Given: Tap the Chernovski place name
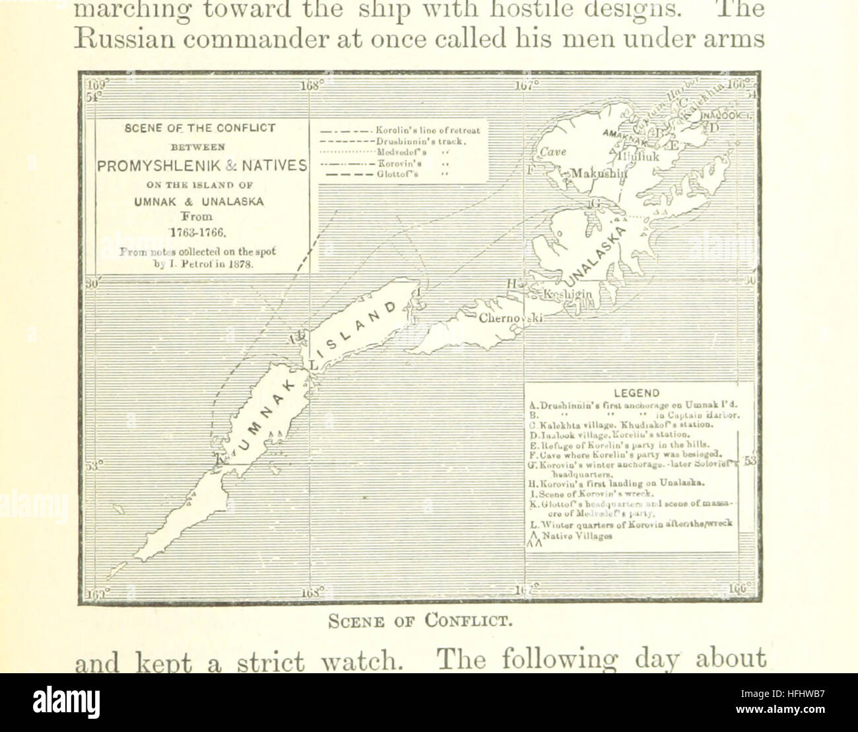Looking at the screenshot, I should point(511,318).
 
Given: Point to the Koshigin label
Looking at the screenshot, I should point(567,293).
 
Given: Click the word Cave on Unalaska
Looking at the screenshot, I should point(553,152).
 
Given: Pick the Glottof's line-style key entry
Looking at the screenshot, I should point(397,174).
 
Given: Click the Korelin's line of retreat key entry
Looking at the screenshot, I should point(428,130).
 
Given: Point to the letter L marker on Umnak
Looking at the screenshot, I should point(313,365).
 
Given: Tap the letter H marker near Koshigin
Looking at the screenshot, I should point(511,283).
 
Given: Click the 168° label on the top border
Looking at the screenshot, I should point(310,85).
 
